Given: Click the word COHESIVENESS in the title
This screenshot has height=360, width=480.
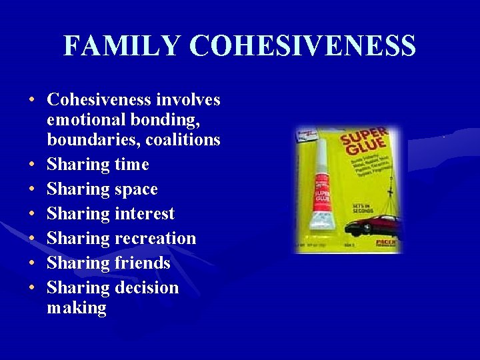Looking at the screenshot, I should (303, 46).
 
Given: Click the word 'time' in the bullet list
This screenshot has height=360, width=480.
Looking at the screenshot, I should (131, 164).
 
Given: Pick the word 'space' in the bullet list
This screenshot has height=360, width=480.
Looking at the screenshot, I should (136, 189).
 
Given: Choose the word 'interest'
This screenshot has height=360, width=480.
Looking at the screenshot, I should (144, 213).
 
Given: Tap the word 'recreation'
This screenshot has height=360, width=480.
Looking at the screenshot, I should (155, 238).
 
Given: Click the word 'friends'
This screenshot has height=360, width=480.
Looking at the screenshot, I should (143, 263).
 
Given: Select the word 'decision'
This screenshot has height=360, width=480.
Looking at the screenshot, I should (147, 287).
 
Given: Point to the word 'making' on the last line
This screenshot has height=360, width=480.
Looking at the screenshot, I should (77, 307).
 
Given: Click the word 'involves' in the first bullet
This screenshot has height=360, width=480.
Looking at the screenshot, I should (188, 100).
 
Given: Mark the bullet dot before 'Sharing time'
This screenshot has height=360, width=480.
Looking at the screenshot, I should (33, 165).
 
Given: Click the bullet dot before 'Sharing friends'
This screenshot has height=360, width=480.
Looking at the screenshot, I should (33, 263).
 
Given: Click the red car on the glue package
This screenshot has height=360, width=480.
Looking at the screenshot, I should (373, 225).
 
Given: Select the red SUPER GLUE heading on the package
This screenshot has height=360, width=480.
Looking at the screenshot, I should (365, 143).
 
